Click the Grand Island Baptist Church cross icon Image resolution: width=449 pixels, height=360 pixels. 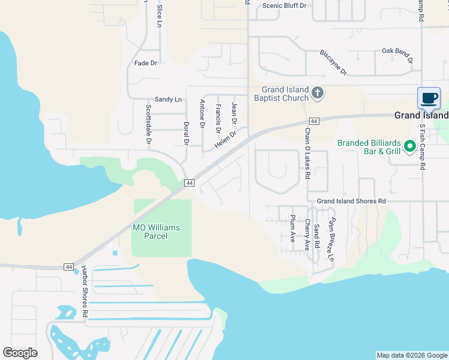pyautogui.click(x=318, y=93)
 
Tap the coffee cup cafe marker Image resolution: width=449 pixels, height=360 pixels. pyautogui.click(x=429, y=98)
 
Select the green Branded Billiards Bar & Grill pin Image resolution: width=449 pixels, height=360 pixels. pyautogui.click(x=411, y=145)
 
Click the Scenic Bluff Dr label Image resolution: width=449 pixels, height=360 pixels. pyautogui.click(x=285, y=5)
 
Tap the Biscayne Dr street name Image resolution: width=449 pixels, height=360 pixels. pyautogui.click(x=334, y=62)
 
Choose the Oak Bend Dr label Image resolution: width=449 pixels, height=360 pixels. pyautogui.click(x=397, y=55)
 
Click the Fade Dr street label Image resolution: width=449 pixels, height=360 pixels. pyautogui.click(x=146, y=63)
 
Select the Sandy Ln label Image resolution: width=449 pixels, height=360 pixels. pyautogui.click(x=168, y=100)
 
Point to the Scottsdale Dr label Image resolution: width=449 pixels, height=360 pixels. pyautogui.click(x=148, y=124)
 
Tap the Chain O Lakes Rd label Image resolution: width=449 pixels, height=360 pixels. pyautogui.click(x=307, y=154)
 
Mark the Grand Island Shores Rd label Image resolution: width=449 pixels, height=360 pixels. pyautogui.click(x=351, y=202)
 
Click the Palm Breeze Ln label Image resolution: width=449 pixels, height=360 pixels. pyautogui.click(x=330, y=240)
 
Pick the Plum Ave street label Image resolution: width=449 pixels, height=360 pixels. pyautogui.click(x=293, y=228)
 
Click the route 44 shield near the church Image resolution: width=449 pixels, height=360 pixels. pyautogui.click(x=314, y=121)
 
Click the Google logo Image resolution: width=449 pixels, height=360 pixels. pyautogui.click(x=20, y=353)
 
